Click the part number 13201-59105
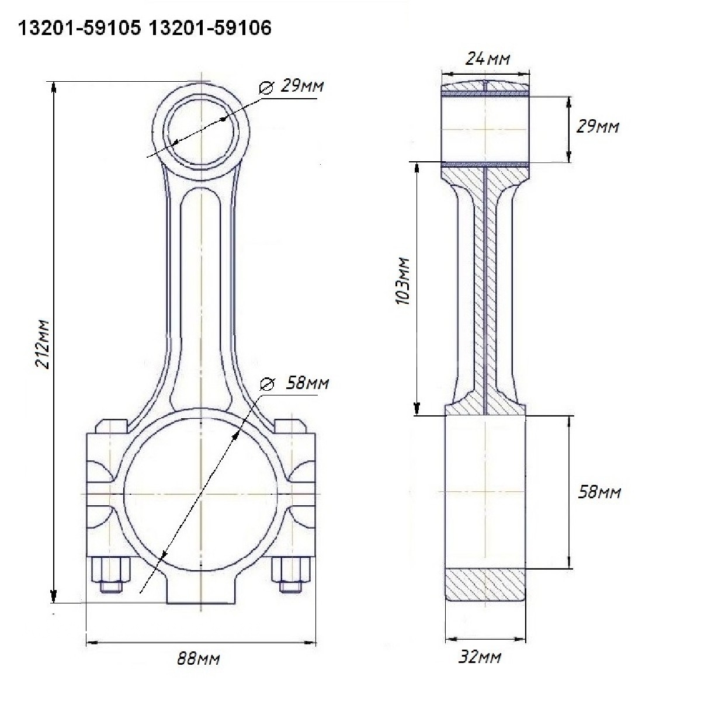pyautogui.click(x=79, y=28)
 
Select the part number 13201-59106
pyautogui.click(x=210, y=28)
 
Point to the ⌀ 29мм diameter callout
pyautogui.click(x=291, y=86)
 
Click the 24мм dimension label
pyautogui.click(x=487, y=58)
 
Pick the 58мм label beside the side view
pyautogui.click(x=599, y=493)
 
